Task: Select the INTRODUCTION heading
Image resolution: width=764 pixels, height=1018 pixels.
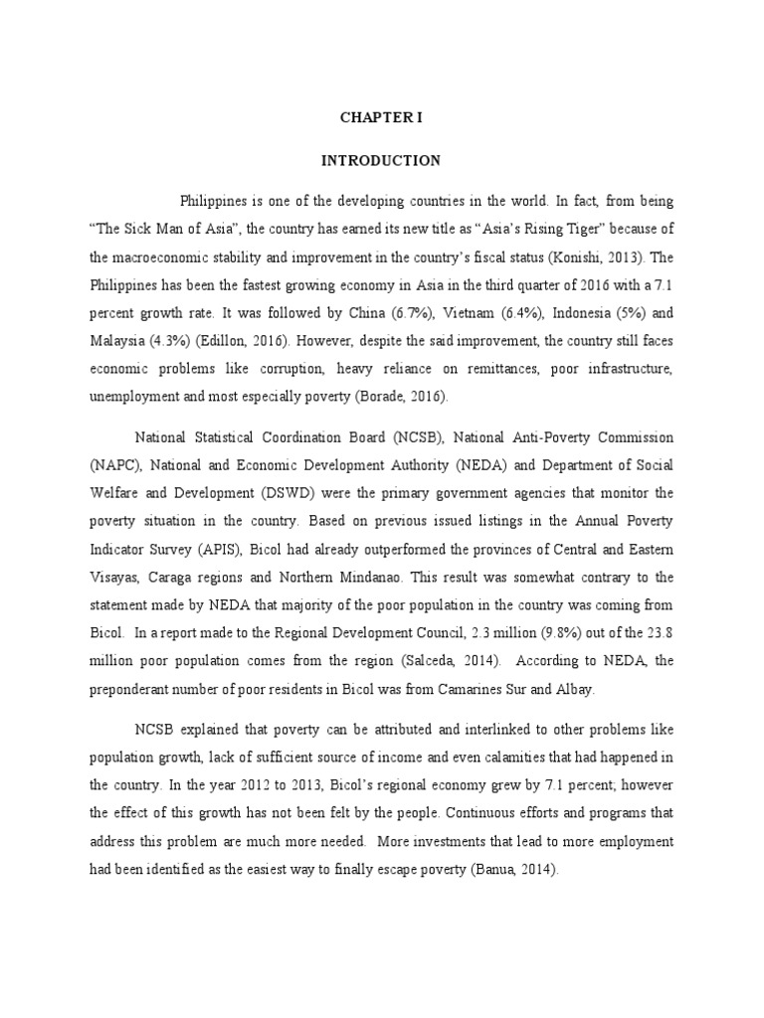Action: coord(381,160)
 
